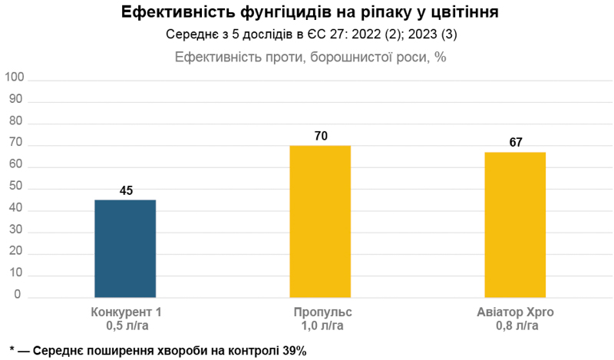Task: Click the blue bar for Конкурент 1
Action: pyautogui.click(x=125, y=248)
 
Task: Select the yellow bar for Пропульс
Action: pyautogui.click(x=320, y=221)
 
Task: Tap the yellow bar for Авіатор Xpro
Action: pyautogui.click(x=515, y=224)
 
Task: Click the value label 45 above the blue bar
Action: pyautogui.click(x=127, y=190)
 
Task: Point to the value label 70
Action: pyautogui.click(x=321, y=136)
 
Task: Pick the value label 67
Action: pyautogui.click(x=516, y=143)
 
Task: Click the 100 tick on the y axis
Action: pyautogui.click(x=15, y=79)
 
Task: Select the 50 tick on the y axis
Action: pyautogui.click(x=18, y=188)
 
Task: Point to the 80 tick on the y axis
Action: pyautogui.click(x=18, y=123)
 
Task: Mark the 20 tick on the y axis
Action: pyautogui.click(x=18, y=253)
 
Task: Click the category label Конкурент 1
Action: pyautogui.click(x=126, y=312)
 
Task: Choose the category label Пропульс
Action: pyautogui.click(x=322, y=312)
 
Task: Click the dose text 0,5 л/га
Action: pyautogui.click(x=127, y=325)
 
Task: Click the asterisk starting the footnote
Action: pyautogui.click(x=13, y=349)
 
